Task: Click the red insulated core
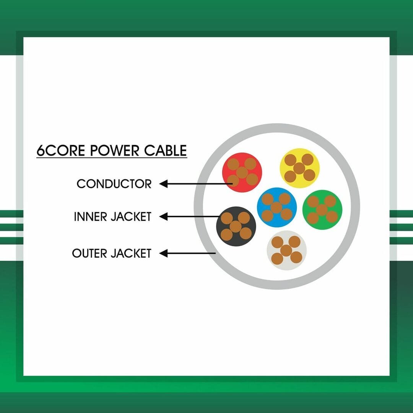pos(242,172)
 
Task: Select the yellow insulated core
pos(299,168)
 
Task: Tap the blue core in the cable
pos(276,207)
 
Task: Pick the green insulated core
pos(322,210)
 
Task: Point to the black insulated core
pos(236,226)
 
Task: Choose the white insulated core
pos(286,250)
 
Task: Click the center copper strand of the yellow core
pos(299,168)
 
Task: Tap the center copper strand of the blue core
pos(276,208)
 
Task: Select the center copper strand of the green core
pos(322,210)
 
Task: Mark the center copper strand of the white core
pos(286,250)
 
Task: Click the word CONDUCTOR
pos(114,184)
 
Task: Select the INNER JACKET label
pos(112,217)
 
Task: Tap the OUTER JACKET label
pos(112,254)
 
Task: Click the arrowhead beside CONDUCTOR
pos(164,184)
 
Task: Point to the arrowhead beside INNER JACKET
pos(164,216)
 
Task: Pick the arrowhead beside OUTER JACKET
pos(164,254)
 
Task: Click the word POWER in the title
pos(114,151)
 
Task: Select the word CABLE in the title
pos(166,151)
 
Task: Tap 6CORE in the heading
pos(61,151)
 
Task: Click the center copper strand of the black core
pos(236,226)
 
